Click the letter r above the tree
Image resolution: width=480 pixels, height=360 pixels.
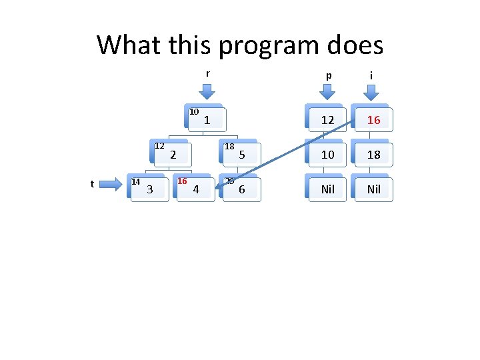click(208, 73)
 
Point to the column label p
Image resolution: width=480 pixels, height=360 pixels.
click(327, 76)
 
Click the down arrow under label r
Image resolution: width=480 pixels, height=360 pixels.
click(208, 92)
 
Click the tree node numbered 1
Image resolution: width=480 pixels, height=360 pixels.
click(207, 120)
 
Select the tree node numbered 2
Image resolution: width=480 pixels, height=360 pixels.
click(173, 155)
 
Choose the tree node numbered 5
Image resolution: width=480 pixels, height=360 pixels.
click(241, 155)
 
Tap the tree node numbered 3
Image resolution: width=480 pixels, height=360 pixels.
click(149, 189)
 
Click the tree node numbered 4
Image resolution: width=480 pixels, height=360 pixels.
click(195, 189)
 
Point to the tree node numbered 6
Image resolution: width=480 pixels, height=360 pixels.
click(241, 189)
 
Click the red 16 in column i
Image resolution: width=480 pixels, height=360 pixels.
click(374, 120)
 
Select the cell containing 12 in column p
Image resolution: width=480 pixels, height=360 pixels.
click(327, 120)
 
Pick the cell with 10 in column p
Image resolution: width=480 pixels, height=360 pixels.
click(327, 155)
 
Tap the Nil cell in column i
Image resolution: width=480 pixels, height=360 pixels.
click(374, 189)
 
